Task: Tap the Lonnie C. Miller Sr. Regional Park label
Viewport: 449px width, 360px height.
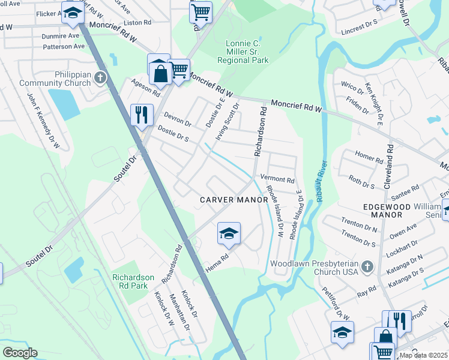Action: (x=247, y=52)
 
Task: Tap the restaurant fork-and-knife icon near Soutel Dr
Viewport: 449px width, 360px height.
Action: (x=142, y=115)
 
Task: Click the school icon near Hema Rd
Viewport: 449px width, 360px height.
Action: (x=229, y=233)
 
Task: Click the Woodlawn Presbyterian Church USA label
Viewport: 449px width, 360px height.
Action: (x=314, y=268)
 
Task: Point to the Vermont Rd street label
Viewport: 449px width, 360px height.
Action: (x=277, y=180)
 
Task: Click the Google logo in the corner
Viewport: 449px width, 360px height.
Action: (x=20, y=352)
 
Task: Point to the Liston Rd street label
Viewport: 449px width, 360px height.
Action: (x=137, y=23)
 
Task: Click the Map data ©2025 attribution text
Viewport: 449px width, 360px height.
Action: (x=423, y=355)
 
